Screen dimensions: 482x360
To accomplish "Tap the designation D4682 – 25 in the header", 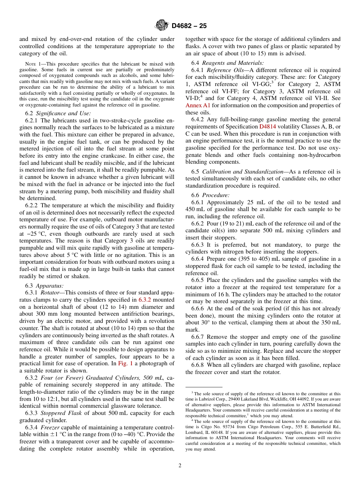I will pos(189,26).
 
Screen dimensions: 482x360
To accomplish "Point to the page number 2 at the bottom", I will pos(180,466).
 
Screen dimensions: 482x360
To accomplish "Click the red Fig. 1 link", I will pos(125,363).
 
